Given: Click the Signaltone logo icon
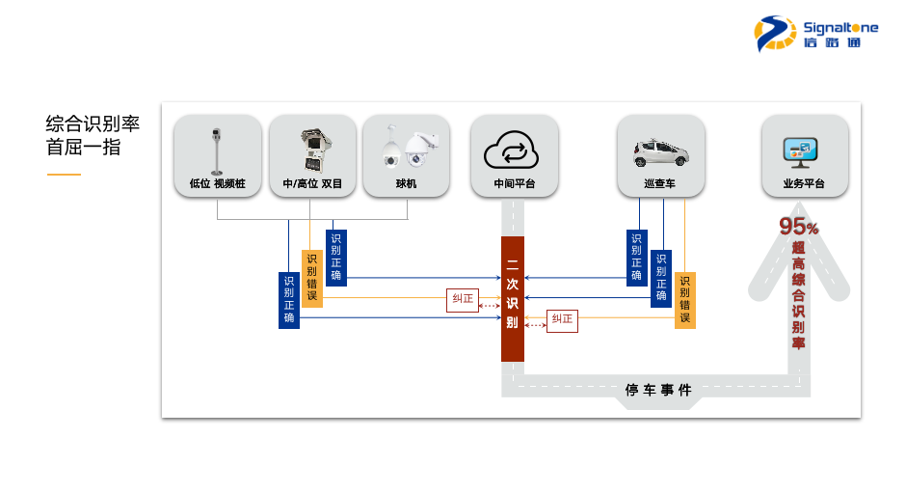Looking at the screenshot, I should (x=775, y=33).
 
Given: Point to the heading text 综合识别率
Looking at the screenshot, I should (x=93, y=124).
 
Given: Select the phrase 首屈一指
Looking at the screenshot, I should (x=84, y=148).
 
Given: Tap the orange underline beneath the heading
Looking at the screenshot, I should (x=64, y=175).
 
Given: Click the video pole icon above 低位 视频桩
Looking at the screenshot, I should (x=217, y=150).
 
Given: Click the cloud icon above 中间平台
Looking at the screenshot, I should (x=514, y=150).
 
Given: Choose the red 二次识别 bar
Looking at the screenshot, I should (x=513, y=298).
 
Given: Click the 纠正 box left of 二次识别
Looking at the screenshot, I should (x=463, y=299).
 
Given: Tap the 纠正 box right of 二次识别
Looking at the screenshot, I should (x=562, y=319).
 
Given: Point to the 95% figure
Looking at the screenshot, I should (x=799, y=227).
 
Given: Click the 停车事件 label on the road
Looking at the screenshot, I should (x=658, y=390).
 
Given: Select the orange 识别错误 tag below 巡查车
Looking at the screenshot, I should (x=684, y=300).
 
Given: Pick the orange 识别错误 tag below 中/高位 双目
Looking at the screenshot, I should (x=311, y=278).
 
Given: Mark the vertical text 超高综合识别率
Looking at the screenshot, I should (x=798, y=295).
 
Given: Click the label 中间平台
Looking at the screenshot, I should (x=514, y=183).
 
